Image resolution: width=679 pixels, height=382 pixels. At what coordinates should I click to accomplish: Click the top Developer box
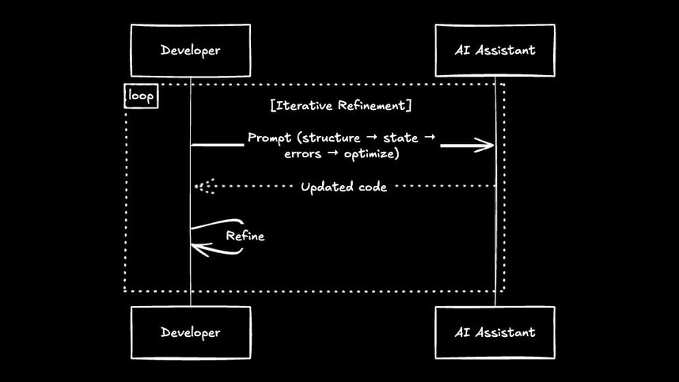(x=190, y=51)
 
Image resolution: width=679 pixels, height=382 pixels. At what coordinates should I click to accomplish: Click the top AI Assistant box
(x=495, y=51)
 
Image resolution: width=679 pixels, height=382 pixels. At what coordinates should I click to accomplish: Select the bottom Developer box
(x=190, y=332)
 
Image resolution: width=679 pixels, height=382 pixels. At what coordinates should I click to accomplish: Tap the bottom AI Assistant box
(x=495, y=332)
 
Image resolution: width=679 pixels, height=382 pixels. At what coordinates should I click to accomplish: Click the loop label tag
(x=142, y=96)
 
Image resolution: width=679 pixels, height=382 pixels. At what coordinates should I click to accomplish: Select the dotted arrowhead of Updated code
(x=204, y=187)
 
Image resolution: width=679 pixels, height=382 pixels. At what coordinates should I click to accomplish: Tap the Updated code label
(x=343, y=187)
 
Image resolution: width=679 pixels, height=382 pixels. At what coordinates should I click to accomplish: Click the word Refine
(x=245, y=236)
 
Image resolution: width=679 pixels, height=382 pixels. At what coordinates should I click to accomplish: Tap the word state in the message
(x=400, y=138)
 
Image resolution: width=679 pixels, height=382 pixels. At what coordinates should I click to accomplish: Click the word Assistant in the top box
(x=506, y=51)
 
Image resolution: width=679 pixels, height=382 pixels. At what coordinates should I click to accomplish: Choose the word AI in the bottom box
(x=463, y=332)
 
